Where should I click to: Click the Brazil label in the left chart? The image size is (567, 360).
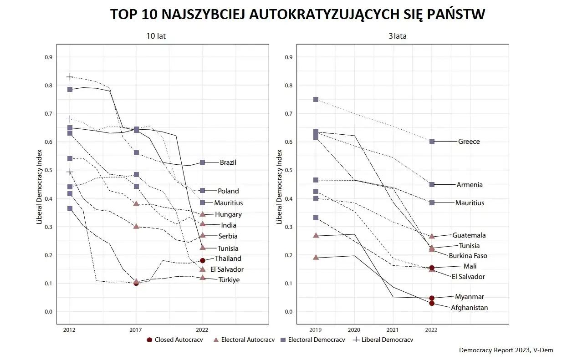pos(228,162)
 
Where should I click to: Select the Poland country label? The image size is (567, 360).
pos(228,191)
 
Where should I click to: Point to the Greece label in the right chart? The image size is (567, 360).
pos(469,142)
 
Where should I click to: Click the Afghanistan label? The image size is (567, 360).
pos(469,308)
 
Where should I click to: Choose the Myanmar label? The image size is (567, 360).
pos(469,297)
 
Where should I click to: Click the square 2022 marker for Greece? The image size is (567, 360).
pos(432,142)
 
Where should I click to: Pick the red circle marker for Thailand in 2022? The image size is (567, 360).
pos(203,260)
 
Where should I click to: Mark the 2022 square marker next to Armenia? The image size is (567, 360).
pos(432,185)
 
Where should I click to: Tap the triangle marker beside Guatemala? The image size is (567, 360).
pos(432,236)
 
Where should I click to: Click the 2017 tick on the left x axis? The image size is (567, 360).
pos(136,329)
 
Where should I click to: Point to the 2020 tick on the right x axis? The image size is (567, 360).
pos(354,329)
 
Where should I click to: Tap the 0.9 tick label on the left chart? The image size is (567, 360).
pos(48,57)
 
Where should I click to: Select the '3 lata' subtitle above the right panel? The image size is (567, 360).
pos(397,36)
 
